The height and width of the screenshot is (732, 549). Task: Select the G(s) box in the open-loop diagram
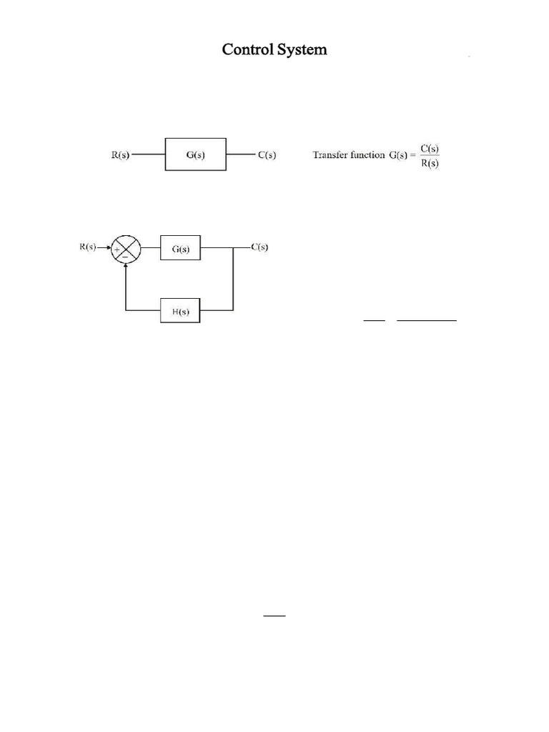pos(196,154)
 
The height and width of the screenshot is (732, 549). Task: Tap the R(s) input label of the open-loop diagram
pos(119,154)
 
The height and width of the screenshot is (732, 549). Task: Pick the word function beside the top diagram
pos(367,154)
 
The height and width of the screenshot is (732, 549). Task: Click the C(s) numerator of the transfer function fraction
pos(430,148)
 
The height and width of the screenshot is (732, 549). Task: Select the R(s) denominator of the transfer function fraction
pos(430,162)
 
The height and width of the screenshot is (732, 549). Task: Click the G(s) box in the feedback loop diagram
pos(181,249)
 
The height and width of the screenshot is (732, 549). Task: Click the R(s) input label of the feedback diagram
pos(88,247)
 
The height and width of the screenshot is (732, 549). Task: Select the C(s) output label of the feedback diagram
pos(259,247)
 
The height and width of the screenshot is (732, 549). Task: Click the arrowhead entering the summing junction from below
pos(127,267)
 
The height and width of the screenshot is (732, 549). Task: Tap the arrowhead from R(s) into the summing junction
pos(107,249)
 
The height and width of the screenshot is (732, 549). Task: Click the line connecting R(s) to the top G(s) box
pos(148,154)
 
